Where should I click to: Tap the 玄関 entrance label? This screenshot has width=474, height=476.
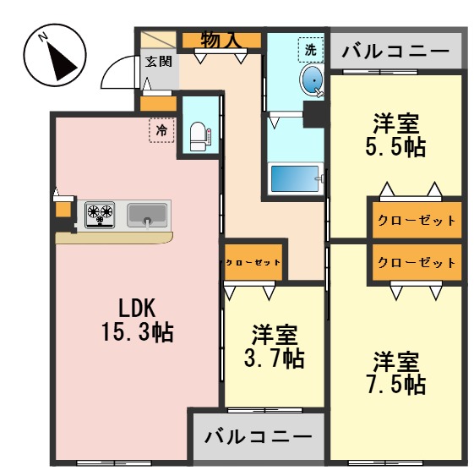[x=157, y=61]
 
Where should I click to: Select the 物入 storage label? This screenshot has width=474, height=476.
[x=222, y=39]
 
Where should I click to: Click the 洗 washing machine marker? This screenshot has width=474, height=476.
[x=311, y=50]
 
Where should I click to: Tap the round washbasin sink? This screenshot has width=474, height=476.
[x=312, y=81]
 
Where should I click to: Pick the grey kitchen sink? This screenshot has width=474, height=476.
[x=148, y=215]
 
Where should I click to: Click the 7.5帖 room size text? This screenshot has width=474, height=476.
[x=395, y=386]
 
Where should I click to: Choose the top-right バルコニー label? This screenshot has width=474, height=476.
[x=395, y=52]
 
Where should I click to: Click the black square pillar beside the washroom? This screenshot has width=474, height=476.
[x=313, y=113]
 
